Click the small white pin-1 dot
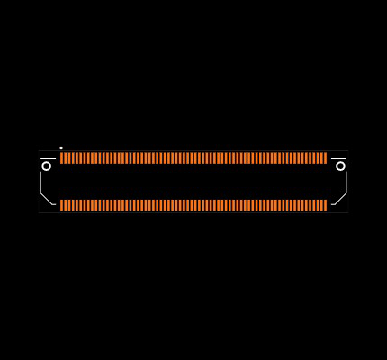pos(61,148)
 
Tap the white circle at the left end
pos(47,166)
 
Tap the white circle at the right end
pos(340,166)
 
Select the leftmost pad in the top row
pos(61,158)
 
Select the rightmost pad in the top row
pos(326,158)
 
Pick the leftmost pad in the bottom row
pos(61,205)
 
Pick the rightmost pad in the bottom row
pos(326,205)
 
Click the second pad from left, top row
pos(65,158)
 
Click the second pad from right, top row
pos(322,158)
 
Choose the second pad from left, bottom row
pos(65,205)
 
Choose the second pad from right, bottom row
pos(322,205)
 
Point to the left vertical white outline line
pos(40,182)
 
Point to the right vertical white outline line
pos(346,182)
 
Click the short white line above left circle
pos(48,159)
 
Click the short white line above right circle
pos(339,159)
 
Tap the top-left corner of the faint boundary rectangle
pos(39,150)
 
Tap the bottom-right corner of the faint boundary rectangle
pos(348,212)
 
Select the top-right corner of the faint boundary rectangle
pos(348,150)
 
